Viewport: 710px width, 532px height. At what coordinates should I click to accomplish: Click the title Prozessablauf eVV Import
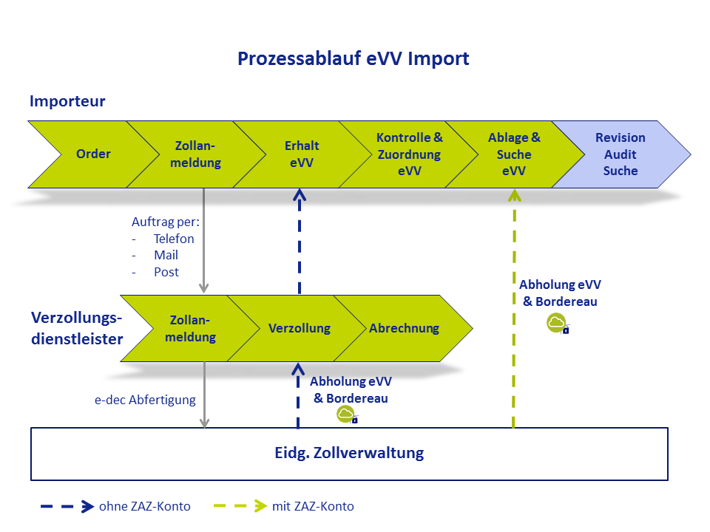click(x=354, y=59)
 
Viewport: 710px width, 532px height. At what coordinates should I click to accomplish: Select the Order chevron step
click(x=93, y=154)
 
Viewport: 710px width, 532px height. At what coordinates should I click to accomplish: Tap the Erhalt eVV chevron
click(x=302, y=154)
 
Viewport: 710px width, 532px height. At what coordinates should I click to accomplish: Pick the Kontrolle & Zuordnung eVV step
click(x=409, y=154)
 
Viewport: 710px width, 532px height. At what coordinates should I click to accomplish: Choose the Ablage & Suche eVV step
click(x=515, y=154)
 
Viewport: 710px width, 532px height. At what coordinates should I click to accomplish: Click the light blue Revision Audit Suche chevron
click(x=621, y=154)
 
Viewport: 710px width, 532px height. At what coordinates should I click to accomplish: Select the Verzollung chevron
click(x=300, y=328)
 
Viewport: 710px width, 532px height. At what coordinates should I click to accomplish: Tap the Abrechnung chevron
click(x=404, y=328)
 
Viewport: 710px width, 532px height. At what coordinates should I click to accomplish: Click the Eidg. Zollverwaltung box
click(x=349, y=454)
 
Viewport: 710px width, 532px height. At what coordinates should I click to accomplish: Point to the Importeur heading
click(x=67, y=101)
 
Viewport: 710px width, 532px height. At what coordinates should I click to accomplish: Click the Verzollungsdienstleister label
click(x=77, y=328)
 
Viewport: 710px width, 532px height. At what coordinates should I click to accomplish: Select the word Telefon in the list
click(x=174, y=239)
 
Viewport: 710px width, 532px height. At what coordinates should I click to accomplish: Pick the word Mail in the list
click(x=166, y=255)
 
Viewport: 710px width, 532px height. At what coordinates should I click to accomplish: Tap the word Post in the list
click(x=166, y=273)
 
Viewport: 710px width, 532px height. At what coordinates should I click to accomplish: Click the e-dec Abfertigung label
click(x=145, y=400)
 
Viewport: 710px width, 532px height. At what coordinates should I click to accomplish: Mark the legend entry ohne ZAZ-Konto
click(x=145, y=506)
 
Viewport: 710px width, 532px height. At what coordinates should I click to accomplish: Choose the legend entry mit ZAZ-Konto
click(x=313, y=506)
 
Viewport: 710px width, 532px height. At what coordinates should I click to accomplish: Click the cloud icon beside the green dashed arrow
click(x=558, y=324)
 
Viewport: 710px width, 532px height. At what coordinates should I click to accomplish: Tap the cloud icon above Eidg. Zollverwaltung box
click(x=347, y=415)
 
